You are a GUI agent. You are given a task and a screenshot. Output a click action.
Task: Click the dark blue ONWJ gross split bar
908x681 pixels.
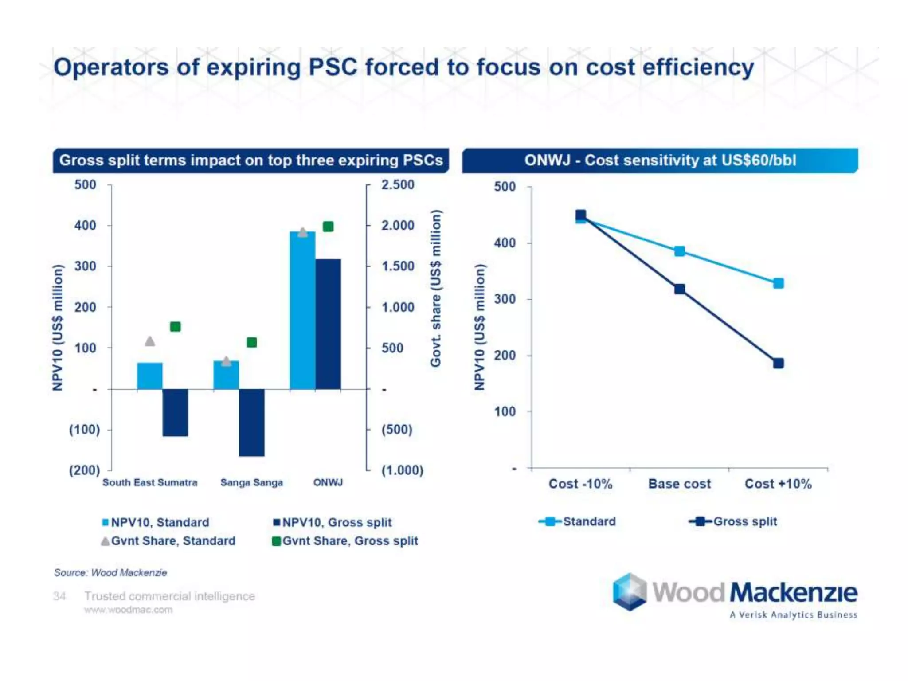point(328,324)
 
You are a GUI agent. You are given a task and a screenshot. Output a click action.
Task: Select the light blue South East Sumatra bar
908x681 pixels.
point(150,376)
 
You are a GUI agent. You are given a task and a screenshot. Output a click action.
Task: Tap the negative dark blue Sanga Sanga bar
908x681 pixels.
point(251,422)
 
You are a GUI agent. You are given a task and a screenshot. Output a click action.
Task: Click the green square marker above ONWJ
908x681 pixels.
point(328,227)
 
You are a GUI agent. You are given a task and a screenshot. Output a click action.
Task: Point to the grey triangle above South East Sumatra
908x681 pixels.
point(150,341)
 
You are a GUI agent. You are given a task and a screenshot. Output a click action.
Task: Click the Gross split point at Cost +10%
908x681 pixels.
point(778,363)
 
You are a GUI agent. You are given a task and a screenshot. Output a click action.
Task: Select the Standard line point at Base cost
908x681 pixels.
point(679,251)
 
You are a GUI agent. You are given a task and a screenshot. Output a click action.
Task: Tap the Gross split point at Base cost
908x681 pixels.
point(679,289)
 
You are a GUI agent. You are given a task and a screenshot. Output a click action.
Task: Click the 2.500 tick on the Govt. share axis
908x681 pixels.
point(398,185)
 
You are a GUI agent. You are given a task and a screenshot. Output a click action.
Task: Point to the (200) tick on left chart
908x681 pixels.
point(84,470)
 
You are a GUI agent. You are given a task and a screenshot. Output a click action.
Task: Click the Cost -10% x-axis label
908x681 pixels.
point(580,484)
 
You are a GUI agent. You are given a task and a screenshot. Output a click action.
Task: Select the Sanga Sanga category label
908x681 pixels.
point(251,482)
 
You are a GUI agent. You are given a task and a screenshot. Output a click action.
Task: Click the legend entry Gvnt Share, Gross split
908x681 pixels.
point(345,541)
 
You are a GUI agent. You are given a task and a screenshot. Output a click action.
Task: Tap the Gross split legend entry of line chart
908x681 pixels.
point(734,521)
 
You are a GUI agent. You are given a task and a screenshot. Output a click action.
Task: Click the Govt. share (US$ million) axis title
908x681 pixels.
point(436,288)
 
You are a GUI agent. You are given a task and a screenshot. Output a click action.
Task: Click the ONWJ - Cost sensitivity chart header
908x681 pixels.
point(660,160)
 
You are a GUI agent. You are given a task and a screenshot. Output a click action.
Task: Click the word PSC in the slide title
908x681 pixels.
point(333,67)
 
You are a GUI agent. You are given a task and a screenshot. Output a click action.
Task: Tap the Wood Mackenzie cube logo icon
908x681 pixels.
point(630,591)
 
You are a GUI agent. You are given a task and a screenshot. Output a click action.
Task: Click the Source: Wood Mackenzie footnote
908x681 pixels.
point(110,572)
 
